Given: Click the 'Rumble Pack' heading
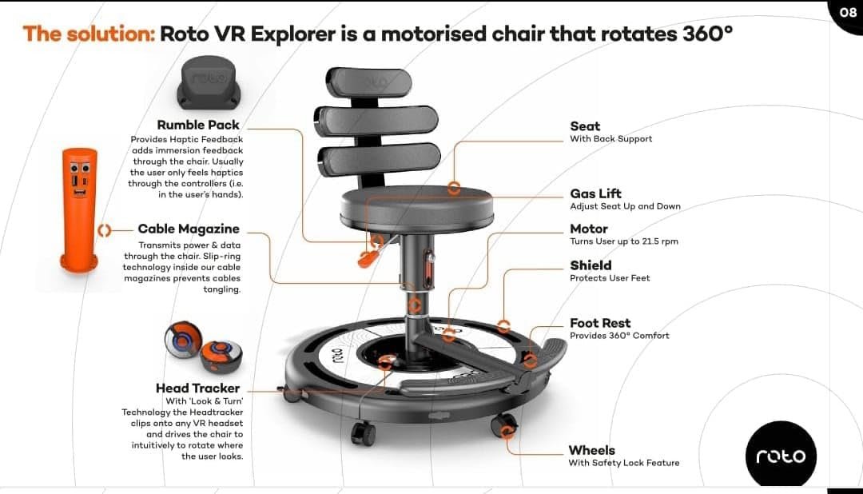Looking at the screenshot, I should tap(198, 125).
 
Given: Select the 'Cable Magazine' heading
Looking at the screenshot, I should tap(189, 229).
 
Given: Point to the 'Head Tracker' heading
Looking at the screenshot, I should tap(197, 388).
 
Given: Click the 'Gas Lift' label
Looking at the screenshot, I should tap(595, 193).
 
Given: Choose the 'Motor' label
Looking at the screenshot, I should tap(589, 229).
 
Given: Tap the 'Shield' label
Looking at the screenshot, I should tap(591, 265).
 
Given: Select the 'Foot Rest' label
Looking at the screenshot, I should tap(600, 323).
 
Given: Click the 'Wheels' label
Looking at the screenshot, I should tap(591, 450).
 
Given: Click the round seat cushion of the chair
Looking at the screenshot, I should tap(416, 205).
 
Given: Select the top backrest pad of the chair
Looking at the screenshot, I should tap(369, 82).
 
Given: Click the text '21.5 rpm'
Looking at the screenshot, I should tap(659, 241).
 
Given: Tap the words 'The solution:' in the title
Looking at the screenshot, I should tap(89, 35).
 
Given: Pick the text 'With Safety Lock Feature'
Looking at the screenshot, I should tap(623, 463).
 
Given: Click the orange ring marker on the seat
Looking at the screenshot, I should tap(454, 189).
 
